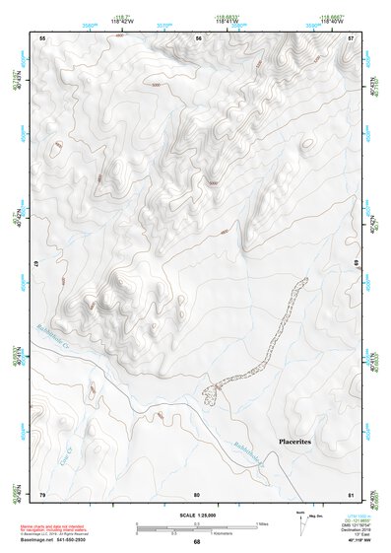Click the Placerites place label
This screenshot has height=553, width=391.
[294, 443]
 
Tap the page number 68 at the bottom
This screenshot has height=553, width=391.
[197, 542]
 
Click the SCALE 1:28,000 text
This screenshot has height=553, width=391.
[196, 517]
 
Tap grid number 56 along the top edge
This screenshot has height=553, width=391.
[198, 37]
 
